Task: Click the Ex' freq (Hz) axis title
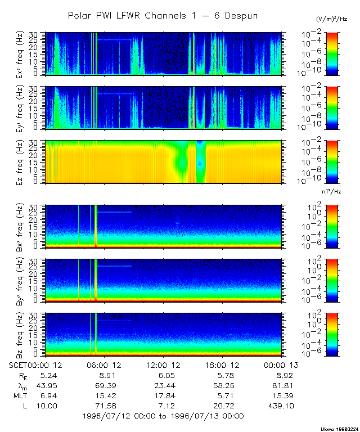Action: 33,53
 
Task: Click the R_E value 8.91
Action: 106,375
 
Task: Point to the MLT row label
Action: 19,395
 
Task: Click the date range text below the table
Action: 163,416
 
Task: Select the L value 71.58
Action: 106,406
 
